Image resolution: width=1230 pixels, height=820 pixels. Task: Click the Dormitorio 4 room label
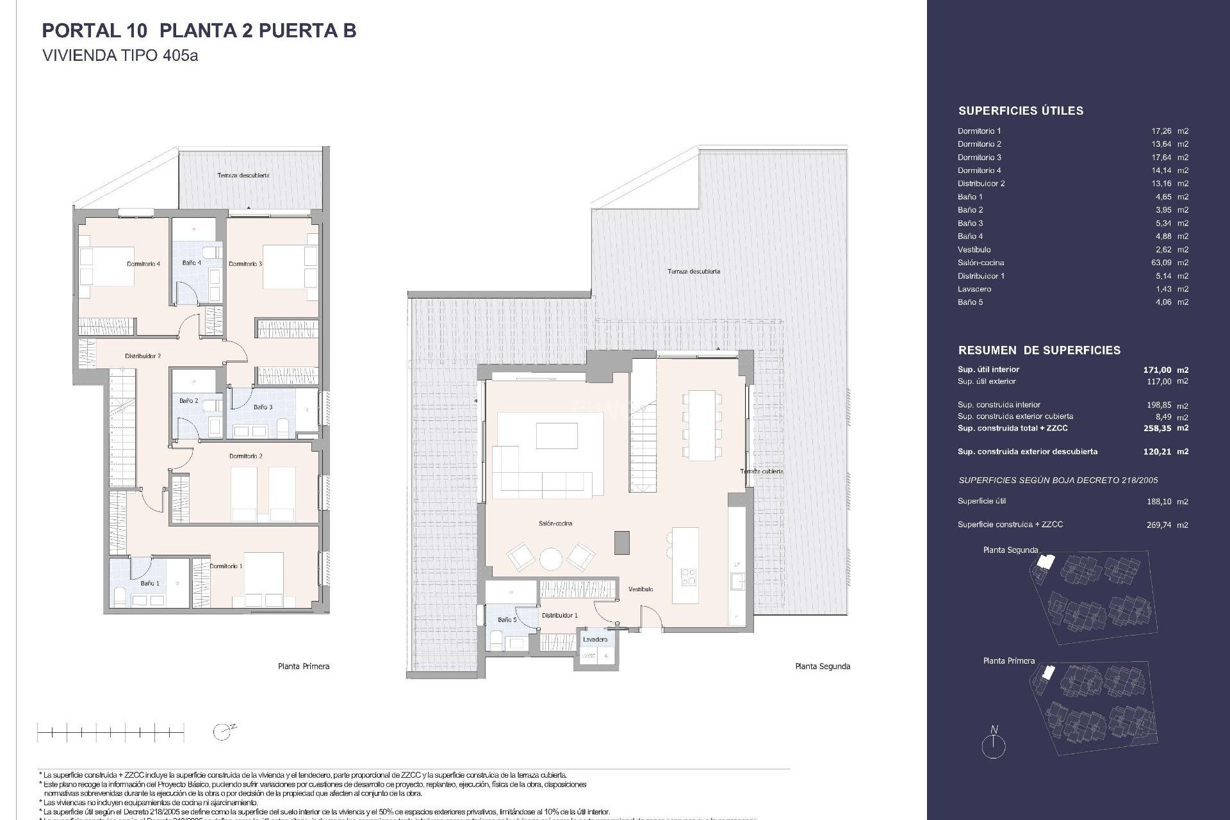point(143,264)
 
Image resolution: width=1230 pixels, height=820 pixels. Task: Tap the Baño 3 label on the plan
point(263,407)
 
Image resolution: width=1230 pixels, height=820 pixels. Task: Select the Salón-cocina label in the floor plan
point(555,523)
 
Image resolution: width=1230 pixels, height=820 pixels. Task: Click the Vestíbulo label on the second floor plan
point(641,589)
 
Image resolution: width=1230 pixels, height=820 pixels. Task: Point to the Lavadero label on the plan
point(595,639)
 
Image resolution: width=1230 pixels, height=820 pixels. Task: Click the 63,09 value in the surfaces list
point(1161,263)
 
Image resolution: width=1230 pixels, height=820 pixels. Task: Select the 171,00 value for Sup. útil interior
point(1157,370)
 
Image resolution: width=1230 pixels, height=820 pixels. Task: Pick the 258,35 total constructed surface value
point(1157,428)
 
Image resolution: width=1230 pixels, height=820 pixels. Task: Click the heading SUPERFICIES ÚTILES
point(1021,111)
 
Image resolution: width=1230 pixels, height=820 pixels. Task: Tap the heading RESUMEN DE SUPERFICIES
point(1039,350)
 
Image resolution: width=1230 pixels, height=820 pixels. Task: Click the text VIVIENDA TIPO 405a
point(120,55)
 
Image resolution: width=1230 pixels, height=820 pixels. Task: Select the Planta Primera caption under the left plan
point(304,666)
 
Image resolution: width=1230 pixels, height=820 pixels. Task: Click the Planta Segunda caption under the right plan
point(823,666)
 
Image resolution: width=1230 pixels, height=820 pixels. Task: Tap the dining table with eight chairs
point(702,425)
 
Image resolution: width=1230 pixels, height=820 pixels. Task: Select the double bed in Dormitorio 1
point(263,580)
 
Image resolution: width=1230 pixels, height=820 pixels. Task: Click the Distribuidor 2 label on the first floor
point(143,356)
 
